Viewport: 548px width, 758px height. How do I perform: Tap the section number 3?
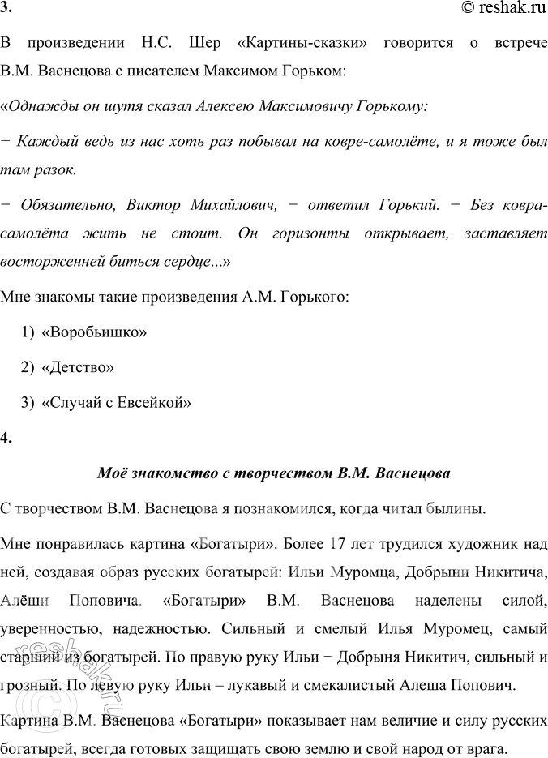point(6,10)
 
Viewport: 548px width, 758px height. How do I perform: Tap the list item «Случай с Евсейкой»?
point(116,401)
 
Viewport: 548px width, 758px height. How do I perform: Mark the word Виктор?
point(159,203)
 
